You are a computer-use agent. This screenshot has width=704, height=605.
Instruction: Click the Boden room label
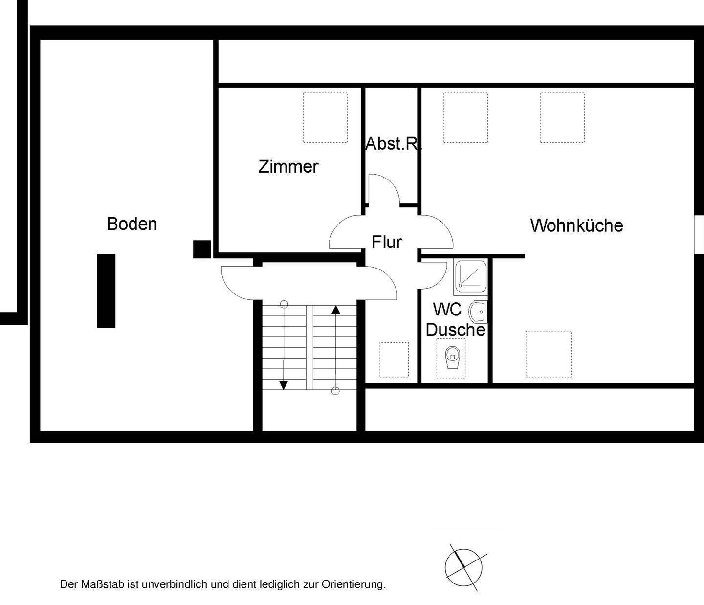pyautogui.click(x=132, y=224)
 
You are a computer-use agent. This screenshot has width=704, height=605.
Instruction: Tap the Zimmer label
pyautogui.click(x=288, y=167)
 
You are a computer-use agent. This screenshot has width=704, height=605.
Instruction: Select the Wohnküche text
pyautogui.click(x=576, y=225)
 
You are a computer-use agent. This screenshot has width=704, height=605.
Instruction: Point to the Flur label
pyautogui.click(x=387, y=242)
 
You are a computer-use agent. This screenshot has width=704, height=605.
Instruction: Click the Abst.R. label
pyautogui.click(x=393, y=144)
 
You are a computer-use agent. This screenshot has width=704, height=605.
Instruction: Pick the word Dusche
pyautogui.click(x=455, y=330)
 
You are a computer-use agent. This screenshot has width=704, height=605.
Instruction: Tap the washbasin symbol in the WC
pyautogui.click(x=478, y=311)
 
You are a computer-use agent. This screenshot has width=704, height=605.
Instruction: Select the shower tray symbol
pyautogui.click(x=470, y=276)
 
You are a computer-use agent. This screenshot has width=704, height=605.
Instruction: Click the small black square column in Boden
pyautogui.click(x=201, y=249)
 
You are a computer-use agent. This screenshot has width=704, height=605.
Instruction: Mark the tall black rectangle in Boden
pyautogui.click(x=106, y=291)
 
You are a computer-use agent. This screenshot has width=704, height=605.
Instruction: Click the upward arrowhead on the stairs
pyautogui.click(x=335, y=309)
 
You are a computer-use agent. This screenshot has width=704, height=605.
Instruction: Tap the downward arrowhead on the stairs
pyautogui.click(x=283, y=385)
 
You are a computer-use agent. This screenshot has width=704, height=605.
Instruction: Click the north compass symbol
pyautogui.click(x=463, y=568)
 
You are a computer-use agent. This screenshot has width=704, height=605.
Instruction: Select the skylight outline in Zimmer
pyautogui.click(x=325, y=117)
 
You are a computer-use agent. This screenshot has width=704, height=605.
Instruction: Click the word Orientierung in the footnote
pyautogui.click(x=353, y=584)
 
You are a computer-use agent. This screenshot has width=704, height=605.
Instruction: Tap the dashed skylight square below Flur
pyautogui.click(x=394, y=359)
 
